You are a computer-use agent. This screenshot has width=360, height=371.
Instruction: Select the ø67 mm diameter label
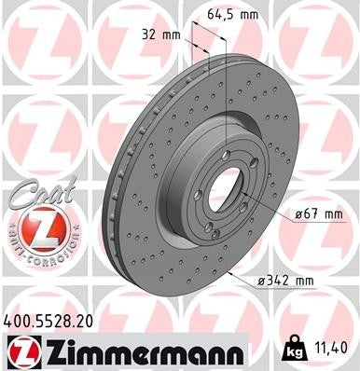pyautogui.click(x=316, y=215)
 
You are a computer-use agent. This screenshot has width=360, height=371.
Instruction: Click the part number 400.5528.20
pyautogui.click(x=55, y=319)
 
